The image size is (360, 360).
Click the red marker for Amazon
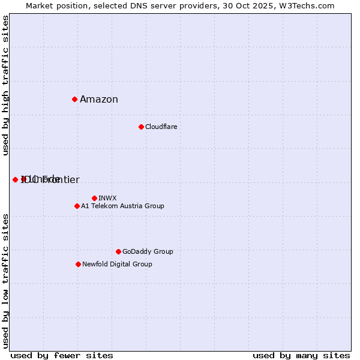[x=74, y=99]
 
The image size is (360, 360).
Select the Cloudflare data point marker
[x=141, y=127]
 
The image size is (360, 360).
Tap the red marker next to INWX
[x=94, y=198]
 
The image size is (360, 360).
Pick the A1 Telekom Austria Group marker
[x=77, y=206]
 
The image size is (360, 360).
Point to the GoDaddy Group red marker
[x=118, y=251]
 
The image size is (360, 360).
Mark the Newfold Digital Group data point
[x=78, y=264]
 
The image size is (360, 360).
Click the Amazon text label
[x=99, y=100]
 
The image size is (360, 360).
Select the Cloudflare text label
[x=161, y=127]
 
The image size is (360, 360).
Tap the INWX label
[x=107, y=198]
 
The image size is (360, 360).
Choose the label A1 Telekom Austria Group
[x=122, y=206]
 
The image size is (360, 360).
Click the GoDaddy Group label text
[x=148, y=251]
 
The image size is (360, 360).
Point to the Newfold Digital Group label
[x=117, y=264]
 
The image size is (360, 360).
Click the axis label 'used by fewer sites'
[x=62, y=355]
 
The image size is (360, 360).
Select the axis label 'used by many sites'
[x=301, y=355]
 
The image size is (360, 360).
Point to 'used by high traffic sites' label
[x=5, y=85]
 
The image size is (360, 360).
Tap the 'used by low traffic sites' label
[x=5, y=281]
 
